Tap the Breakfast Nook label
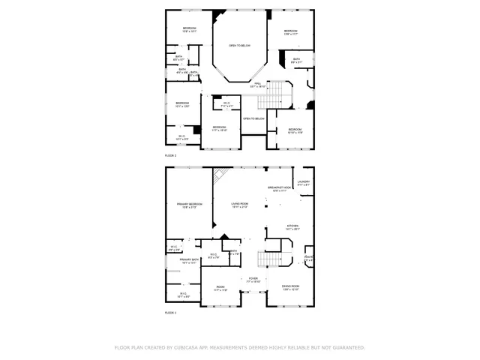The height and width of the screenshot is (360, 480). tap(279, 188)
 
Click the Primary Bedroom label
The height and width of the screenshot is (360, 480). tap(190, 205)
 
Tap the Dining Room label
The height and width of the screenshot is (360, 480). tap(290, 287)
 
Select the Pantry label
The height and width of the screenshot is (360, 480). tap(307, 259)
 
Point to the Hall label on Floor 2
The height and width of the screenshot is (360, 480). tap(256, 85)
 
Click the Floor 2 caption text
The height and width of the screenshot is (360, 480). tap(170, 155)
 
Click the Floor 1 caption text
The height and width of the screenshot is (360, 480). tap(170, 312)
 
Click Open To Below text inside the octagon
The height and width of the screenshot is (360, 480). tap(239, 46)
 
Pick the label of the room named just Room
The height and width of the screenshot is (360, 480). tap(220, 287)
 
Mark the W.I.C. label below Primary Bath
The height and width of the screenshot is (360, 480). tap(182, 295)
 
